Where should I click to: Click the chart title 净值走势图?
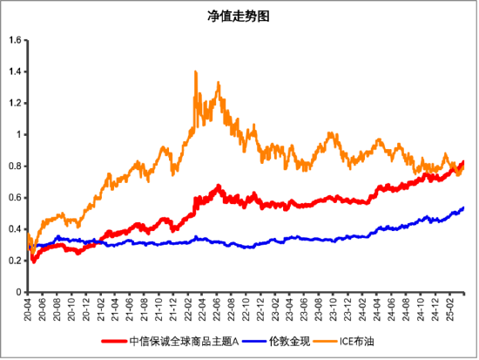pyautogui.click(x=239, y=17)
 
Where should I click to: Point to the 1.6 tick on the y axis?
pyautogui.click(x=16, y=40)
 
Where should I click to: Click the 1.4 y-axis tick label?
pyautogui.click(x=16, y=71)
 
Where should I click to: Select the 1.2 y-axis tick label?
pyautogui.click(x=16, y=103)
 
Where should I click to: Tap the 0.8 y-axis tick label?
pyautogui.click(x=16, y=166)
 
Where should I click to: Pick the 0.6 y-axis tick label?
pyautogui.click(x=16, y=197)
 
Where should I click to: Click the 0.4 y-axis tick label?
pyautogui.click(x=16, y=229)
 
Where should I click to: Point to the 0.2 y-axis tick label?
pyautogui.click(x=16, y=261)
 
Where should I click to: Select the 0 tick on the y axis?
pyautogui.click(x=20, y=292)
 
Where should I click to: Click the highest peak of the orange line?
pyautogui.click(x=195, y=72)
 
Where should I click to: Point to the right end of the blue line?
pyautogui.click(x=463, y=207)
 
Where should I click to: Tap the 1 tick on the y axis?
pyautogui.click(x=20, y=134)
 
